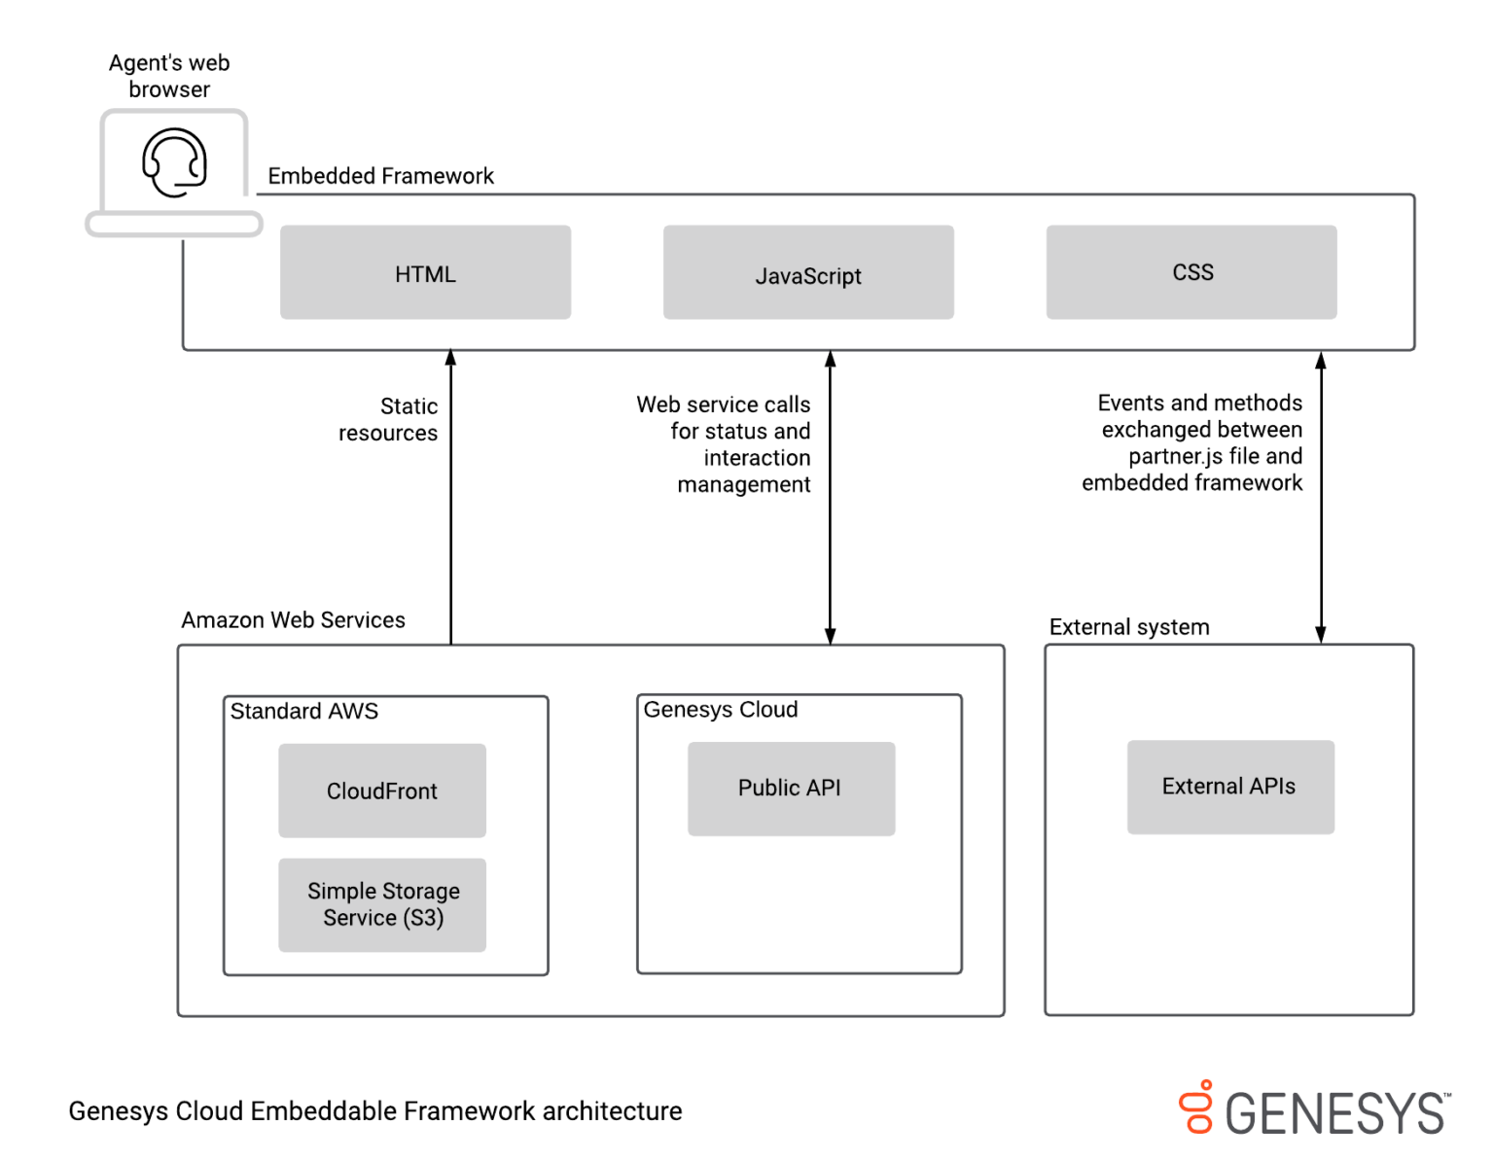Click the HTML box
point(425,272)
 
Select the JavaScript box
point(808,273)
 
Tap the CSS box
point(1192,272)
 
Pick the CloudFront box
point(382,791)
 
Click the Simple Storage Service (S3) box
point(382,904)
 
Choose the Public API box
point(791,789)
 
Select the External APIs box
point(1230,787)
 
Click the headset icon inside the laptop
point(175,162)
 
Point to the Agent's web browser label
point(169,76)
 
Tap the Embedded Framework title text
point(380,176)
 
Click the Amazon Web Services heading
point(293,620)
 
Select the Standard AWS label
point(303,712)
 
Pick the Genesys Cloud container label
point(721,710)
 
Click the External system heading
point(1129,627)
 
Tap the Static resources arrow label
point(389,419)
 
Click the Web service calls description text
point(725,444)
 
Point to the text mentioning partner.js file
point(1193,443)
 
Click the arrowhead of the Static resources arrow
point(451,358)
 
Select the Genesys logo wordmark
point(1334,1113)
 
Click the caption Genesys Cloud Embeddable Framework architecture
point(375,1111)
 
